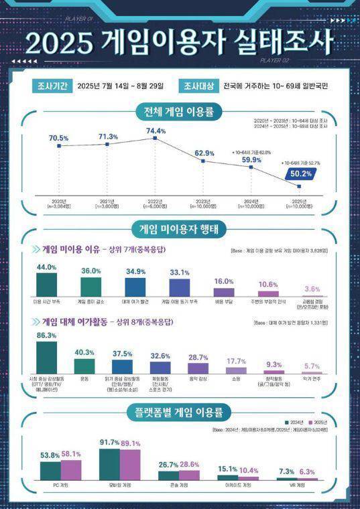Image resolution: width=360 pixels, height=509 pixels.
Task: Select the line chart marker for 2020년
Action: pos(59,145)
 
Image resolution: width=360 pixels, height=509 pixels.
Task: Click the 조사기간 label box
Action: pos(50,86)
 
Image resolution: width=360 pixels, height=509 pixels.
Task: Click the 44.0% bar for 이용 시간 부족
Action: pos(46,284)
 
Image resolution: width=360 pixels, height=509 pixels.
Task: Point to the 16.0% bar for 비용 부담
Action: pos(224,292)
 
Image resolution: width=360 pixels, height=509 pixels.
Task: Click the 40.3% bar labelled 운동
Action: pos(84,366)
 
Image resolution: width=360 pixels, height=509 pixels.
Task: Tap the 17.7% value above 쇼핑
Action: pos(236,361)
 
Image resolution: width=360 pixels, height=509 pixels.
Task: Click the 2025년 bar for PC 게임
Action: pos(70,469)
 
